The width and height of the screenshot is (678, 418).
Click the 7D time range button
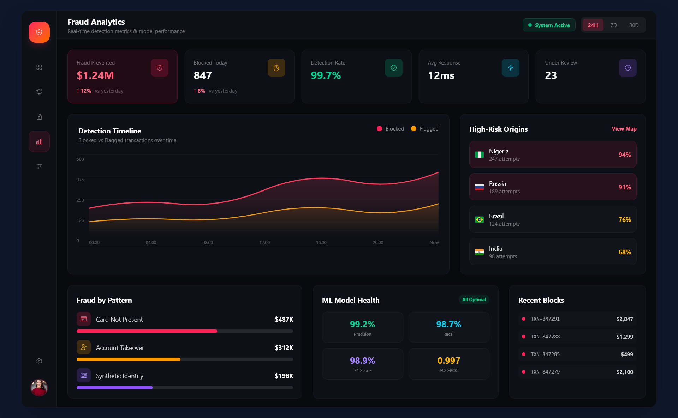pos(613,25)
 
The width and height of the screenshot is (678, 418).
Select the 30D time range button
pos(634,25)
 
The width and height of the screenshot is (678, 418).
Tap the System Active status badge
pos(549,25)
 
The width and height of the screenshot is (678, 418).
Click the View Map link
pos(624,129)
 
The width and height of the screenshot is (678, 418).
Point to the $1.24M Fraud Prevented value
pos(95,75)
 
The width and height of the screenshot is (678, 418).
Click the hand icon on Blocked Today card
pos(276,68)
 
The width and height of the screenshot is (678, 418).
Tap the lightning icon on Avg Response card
pos(510,68)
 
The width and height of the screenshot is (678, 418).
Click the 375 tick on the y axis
pos(80,180)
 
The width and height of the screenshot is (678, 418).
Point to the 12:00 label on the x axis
pos(264,243)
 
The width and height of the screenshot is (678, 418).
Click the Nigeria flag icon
pos(479,155)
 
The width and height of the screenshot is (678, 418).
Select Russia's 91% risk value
pos(624,187)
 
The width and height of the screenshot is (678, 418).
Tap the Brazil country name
pos(496,216)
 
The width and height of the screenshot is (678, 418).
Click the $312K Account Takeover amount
pos(284,348)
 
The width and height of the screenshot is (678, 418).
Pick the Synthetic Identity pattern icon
pos(84,375)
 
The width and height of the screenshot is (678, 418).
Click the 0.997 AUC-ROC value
pos(448,361)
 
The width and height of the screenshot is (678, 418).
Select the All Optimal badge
pos(474,300)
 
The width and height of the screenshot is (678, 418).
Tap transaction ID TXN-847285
pos(545,354)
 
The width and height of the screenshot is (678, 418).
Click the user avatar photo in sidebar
pos(39,387)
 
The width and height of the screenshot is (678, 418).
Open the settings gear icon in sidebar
pos(39,361)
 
